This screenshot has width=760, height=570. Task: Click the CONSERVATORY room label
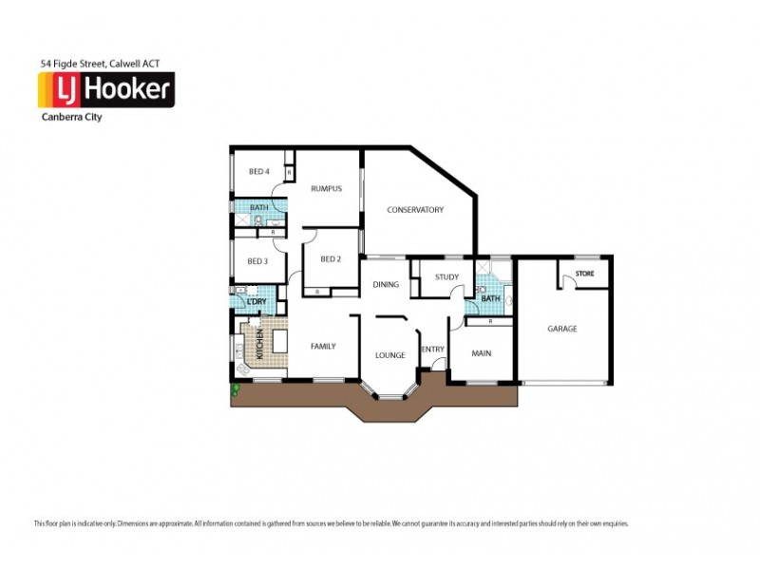(415, 210)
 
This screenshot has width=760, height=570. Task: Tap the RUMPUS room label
(326, 189)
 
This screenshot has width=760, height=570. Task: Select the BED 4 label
(259, 171)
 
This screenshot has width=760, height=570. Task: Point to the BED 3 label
(258, 261)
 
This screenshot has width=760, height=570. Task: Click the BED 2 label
(330, 259)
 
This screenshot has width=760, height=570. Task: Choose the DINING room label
(385, 284)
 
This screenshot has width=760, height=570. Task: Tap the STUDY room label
(446, 277)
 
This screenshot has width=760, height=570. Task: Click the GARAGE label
(561, 329)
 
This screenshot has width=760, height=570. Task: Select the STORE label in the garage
(584, 275)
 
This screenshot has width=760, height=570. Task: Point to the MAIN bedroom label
(482, 354)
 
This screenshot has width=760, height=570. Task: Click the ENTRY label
(433, 349)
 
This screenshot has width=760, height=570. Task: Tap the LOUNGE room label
(389, 355)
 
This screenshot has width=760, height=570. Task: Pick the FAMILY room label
(323, 347)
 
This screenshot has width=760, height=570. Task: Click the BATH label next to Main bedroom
(490, 298)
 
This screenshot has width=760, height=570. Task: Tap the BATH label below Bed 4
(258, 207)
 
